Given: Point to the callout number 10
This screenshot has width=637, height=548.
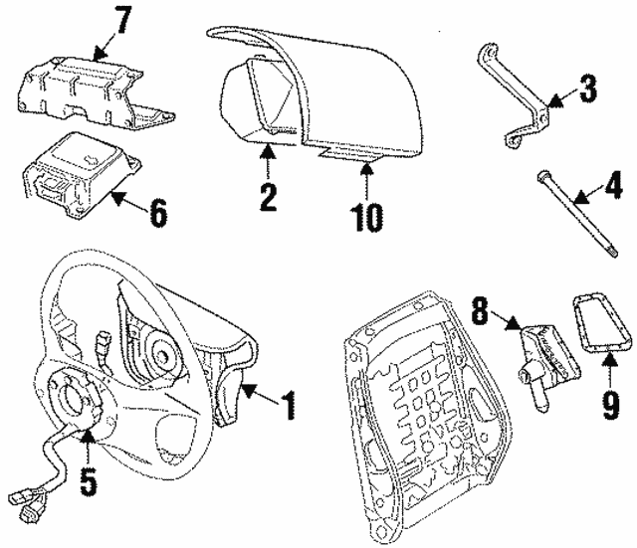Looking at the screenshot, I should [367, 215].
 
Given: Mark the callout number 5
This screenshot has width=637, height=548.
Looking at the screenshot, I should [90, 480].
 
